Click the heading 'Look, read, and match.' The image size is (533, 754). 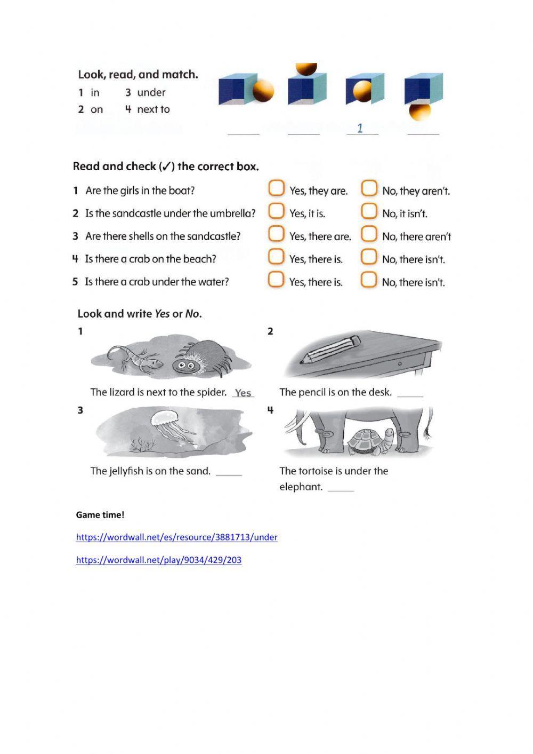[x=138, y=75]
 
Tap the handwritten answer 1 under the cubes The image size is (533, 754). [x=360, y=128]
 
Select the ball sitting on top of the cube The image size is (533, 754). [x=306, y=69]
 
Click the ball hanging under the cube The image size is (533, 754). [x=419, y=112]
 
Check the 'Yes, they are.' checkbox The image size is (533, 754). [x=276, y=188]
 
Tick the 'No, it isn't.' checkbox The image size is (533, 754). [x=369, y=211]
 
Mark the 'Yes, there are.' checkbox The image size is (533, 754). [x=276, y=234]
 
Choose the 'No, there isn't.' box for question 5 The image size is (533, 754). [x=369, y=280]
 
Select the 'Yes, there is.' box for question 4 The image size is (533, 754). [x=276, y=257]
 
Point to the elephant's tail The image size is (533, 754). [x=428, y=424]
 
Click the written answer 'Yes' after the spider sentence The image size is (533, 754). [x=243, y=393]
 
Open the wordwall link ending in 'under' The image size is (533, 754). [x=176, y=537]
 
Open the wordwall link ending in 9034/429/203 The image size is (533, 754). [x=158, y=560]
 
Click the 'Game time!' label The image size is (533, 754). [x=100, y=515]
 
